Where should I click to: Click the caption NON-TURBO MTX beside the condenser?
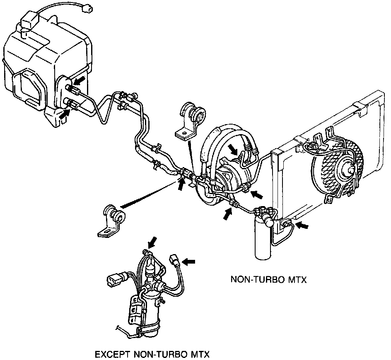tap(268, 280)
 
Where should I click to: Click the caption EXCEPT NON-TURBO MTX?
tap(152, 355)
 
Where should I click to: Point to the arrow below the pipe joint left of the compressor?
tap(181, 184)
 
